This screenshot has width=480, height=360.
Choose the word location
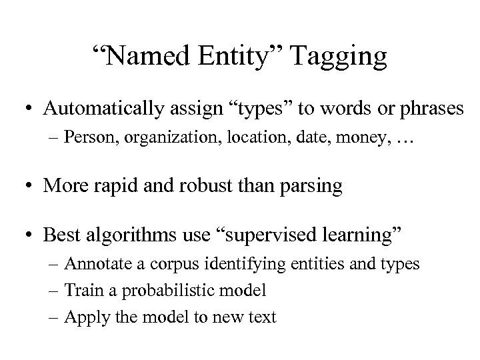click(235, 138)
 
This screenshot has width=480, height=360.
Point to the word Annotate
click(96, 264)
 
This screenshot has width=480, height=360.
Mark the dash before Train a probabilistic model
click(55, 291)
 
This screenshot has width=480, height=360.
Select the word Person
click(90, 138)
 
